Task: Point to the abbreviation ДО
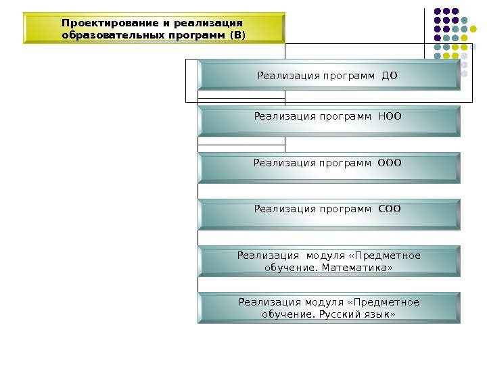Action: (x=390, y=75)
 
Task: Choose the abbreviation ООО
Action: (x=389, y=162)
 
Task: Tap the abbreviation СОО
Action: (x=388, y=208)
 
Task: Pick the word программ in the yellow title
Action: (x=195, y=34)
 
